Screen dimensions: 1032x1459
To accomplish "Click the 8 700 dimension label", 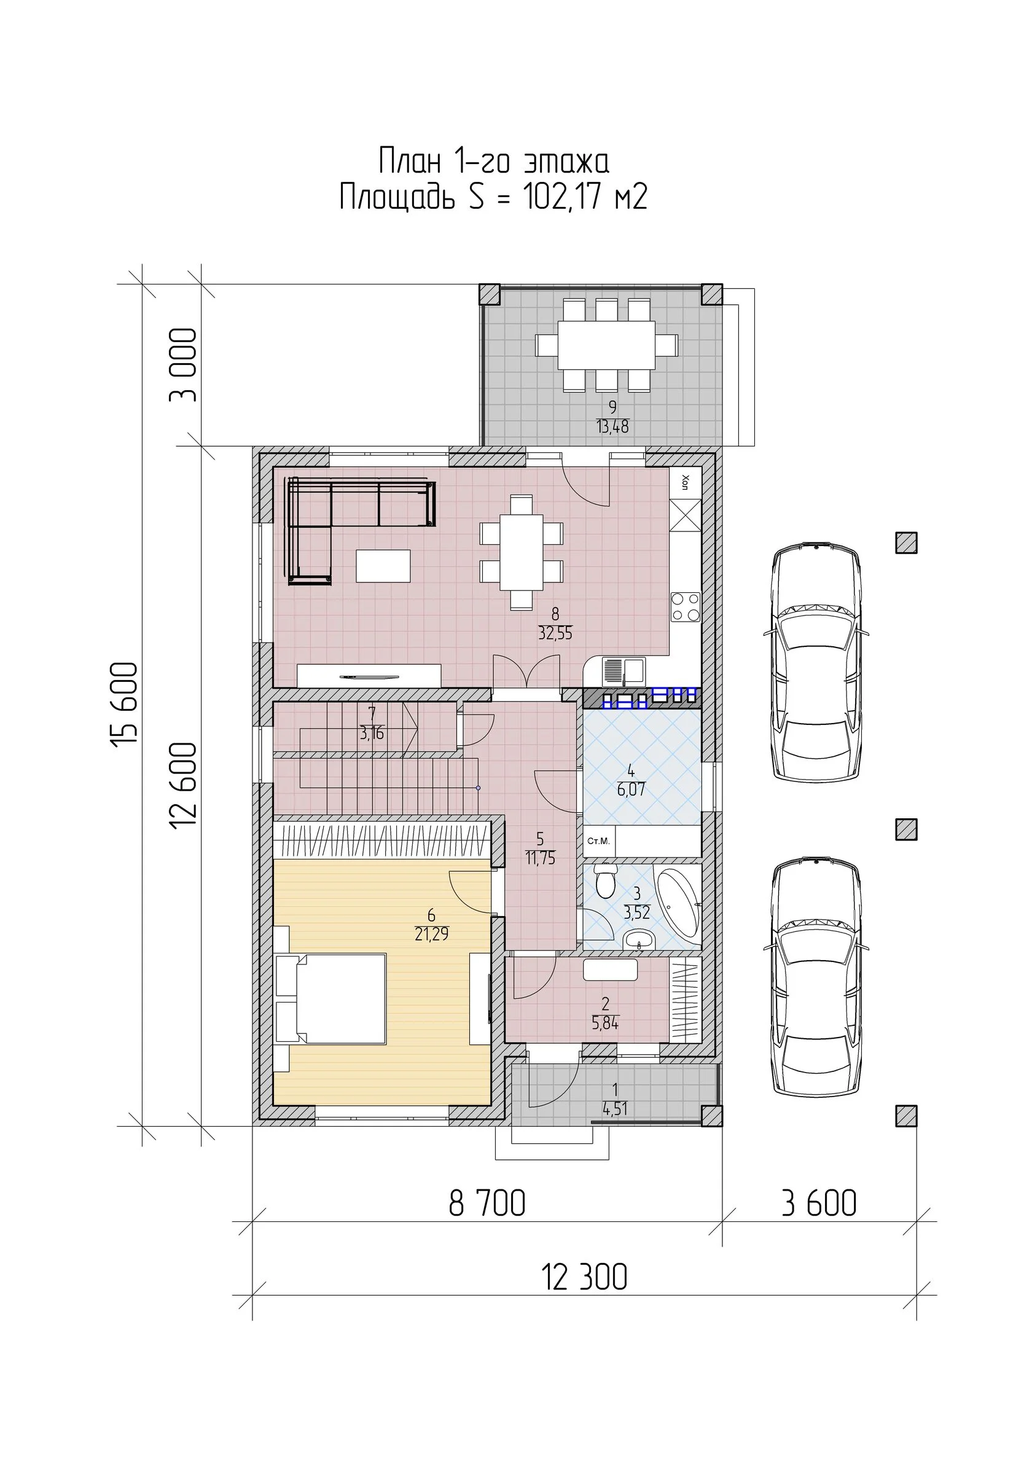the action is click(487, 1203).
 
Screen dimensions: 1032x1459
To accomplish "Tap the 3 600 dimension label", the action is click(818, 1203).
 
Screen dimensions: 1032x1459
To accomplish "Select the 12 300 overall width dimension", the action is click(584, 1277).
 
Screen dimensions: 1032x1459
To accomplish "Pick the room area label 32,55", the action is click(555, 633).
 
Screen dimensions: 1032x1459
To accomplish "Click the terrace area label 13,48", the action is click(612, 426).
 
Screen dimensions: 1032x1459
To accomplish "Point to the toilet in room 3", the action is click(604, 880).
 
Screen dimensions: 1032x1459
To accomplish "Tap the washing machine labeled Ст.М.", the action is click(598, 842).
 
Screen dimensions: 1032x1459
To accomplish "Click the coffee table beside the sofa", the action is click(383, 566).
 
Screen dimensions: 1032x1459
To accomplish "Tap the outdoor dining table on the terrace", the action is click(606, 345).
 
